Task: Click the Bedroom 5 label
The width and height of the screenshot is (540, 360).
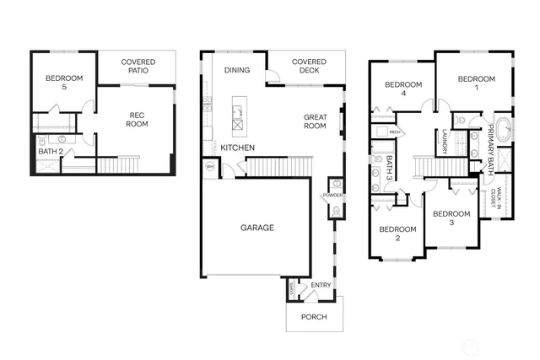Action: click(65, 83)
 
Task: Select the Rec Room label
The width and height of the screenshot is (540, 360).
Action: click(138, 120)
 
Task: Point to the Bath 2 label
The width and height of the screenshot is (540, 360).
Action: click(51, 152)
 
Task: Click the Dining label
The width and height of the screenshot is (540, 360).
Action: click(236, 71)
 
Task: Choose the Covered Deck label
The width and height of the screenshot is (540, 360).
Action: click(309, 67)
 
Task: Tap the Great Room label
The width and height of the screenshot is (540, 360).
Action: click(315, 121)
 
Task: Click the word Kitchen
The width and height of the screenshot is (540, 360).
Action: click(238, 148)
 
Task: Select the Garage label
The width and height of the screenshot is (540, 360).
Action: click(257, 227)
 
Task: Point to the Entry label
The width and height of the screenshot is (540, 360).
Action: click(321, 286)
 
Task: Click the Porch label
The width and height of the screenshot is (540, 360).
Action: click(315, 318)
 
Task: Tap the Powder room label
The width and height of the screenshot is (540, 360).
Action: click(332, 196)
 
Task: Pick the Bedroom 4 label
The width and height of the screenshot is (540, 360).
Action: click(402, 89)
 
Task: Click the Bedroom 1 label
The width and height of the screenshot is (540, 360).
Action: click(475, 83)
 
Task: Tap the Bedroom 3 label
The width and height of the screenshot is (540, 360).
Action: click(451, 218)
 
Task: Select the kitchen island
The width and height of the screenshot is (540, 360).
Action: click(238, 116)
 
